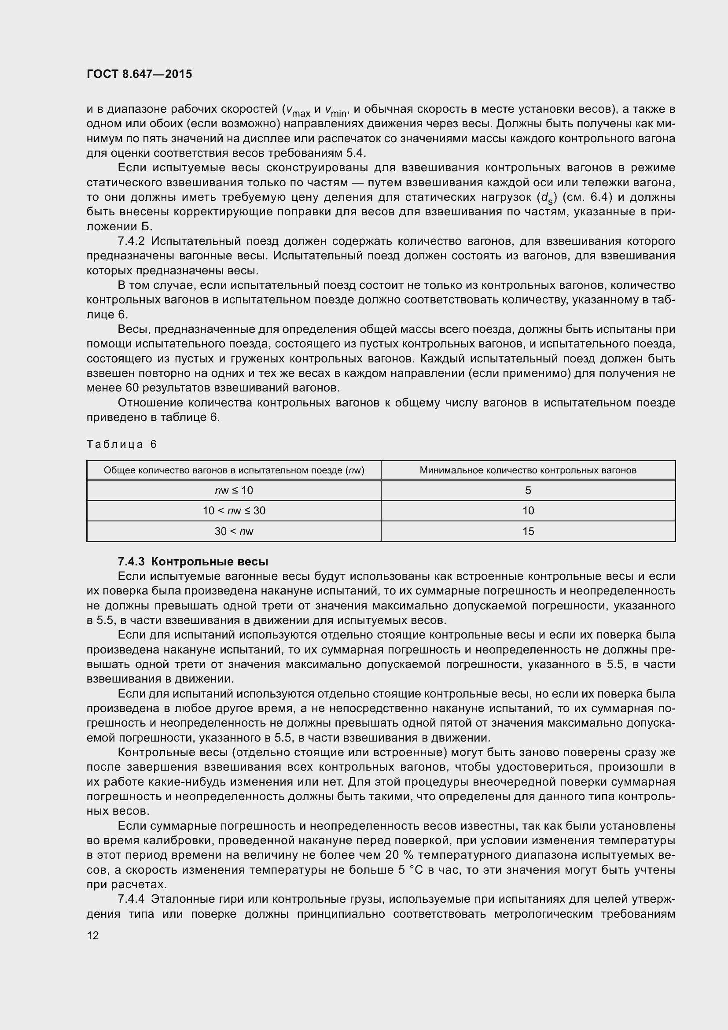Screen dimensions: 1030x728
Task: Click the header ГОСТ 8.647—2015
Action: pos(139,74)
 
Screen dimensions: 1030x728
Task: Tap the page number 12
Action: pos(93,935)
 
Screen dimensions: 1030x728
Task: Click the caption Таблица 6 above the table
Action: pos(121,444)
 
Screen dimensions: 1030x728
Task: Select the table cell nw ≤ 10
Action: pos(234,490)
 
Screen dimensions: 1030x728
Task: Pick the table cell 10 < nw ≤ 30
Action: pos(234,510)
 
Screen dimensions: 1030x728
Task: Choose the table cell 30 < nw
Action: pos(234,531)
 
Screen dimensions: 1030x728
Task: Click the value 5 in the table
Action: pos(528,490)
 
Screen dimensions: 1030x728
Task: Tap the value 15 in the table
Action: pos(528,531)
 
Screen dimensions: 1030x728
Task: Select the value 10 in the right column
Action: pos(528,510)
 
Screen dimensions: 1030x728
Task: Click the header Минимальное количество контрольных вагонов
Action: pos(528,470)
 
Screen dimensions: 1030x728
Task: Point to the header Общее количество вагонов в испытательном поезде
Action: pos(234,470)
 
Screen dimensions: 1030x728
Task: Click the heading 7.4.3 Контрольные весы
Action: pos(193,561)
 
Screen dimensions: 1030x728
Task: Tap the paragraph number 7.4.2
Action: pos(131,241)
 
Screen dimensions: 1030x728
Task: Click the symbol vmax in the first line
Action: pos(298,111)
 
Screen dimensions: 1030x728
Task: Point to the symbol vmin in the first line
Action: pos(336,111)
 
